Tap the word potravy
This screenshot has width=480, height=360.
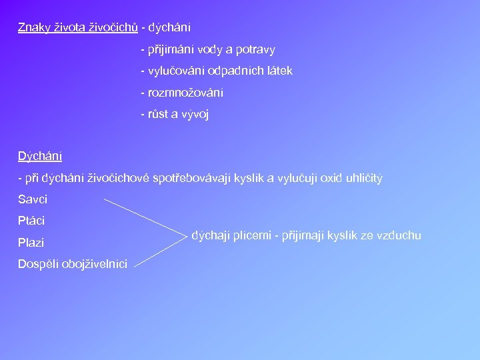click(x=254, y=49)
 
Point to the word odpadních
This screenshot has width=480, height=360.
click(x=233, y=71)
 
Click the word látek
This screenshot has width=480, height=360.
click(x=279, y=71)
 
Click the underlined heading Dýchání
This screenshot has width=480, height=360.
click(x=40, y=156)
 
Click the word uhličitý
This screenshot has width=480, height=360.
click(x=365, y=178)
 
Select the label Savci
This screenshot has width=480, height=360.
click(x=33, y=199)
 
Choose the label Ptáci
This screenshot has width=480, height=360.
click(x=31, y=221)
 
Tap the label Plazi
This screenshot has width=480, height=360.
click(x=31, y=243)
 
